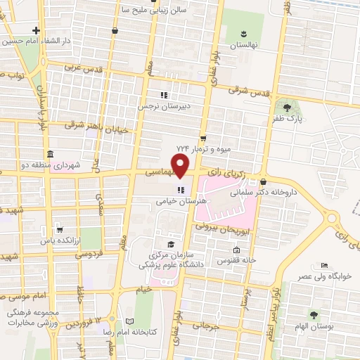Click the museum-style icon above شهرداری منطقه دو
point(49,154)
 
